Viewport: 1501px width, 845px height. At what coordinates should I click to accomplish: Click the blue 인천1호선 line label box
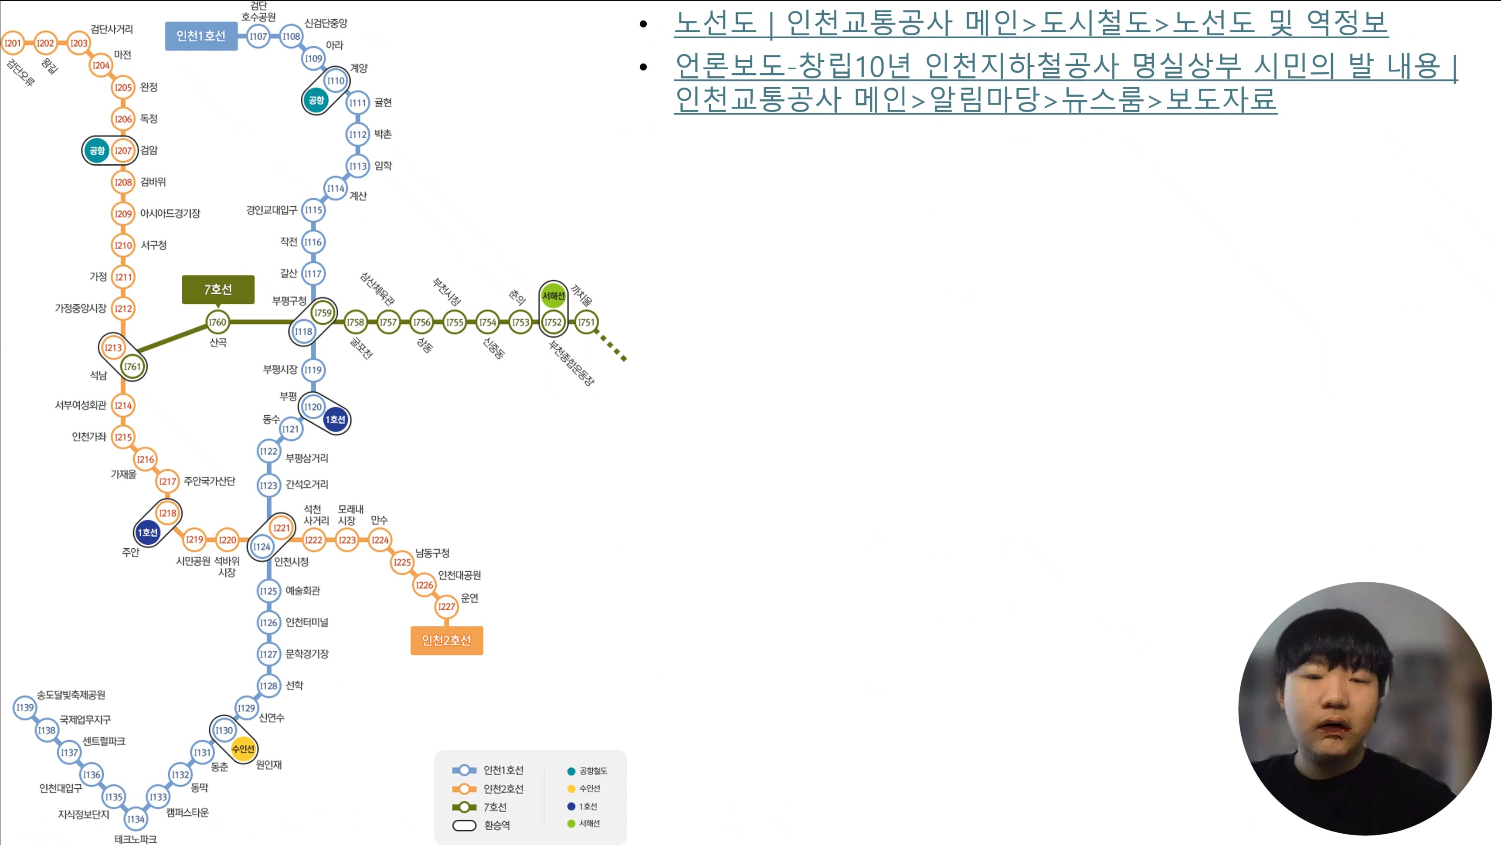[201, 36]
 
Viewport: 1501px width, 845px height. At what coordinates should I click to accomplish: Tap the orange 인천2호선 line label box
[446, 641]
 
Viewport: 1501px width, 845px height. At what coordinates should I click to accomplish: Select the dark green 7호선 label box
[218, 289]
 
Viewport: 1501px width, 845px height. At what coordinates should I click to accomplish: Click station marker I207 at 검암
[123, 150]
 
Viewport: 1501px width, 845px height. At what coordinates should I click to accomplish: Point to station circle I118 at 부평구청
[303, 332]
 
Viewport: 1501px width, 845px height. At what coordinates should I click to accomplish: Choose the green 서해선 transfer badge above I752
[553, 295]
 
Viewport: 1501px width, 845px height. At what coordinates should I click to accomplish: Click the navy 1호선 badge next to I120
[335, 420]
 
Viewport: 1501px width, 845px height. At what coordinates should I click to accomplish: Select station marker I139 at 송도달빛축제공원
[25, 707]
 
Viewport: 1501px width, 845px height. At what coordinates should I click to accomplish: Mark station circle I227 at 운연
[446, 607]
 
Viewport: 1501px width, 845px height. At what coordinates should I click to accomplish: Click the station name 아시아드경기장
[170, 213]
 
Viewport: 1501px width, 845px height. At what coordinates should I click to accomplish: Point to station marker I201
[12, 43]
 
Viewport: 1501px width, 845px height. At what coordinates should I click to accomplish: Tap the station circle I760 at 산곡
[217, 322]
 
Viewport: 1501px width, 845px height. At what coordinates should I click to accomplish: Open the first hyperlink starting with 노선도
[1030, 23]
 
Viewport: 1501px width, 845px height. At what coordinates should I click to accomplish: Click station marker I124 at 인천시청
[261, 546]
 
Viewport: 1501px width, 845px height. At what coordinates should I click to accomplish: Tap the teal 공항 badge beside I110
[316, 100]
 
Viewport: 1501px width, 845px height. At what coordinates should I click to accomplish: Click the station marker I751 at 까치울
[586, 322]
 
